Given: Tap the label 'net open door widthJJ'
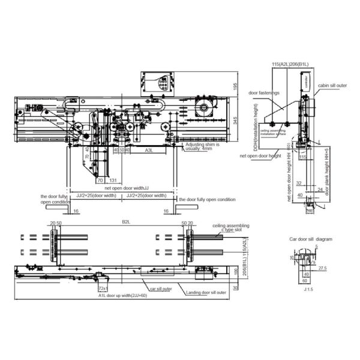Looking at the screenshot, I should tap(122, 188).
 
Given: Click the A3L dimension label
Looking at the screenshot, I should tap(147, 151).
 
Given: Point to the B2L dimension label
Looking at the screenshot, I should tap(126, 222).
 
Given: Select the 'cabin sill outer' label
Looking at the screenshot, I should tap(332, 86).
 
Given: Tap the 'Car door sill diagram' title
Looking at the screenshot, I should tap(310, 239).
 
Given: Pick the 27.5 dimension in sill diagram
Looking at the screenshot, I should tap(322, 267).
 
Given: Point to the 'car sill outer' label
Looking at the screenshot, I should tap(161, 288).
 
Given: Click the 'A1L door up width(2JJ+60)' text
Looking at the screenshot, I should tap(123, 296).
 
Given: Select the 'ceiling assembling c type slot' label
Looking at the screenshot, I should tap(230, 228).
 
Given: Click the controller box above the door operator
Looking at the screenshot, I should tap(157, 84).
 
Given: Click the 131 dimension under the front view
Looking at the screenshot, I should tap(113, 179).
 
